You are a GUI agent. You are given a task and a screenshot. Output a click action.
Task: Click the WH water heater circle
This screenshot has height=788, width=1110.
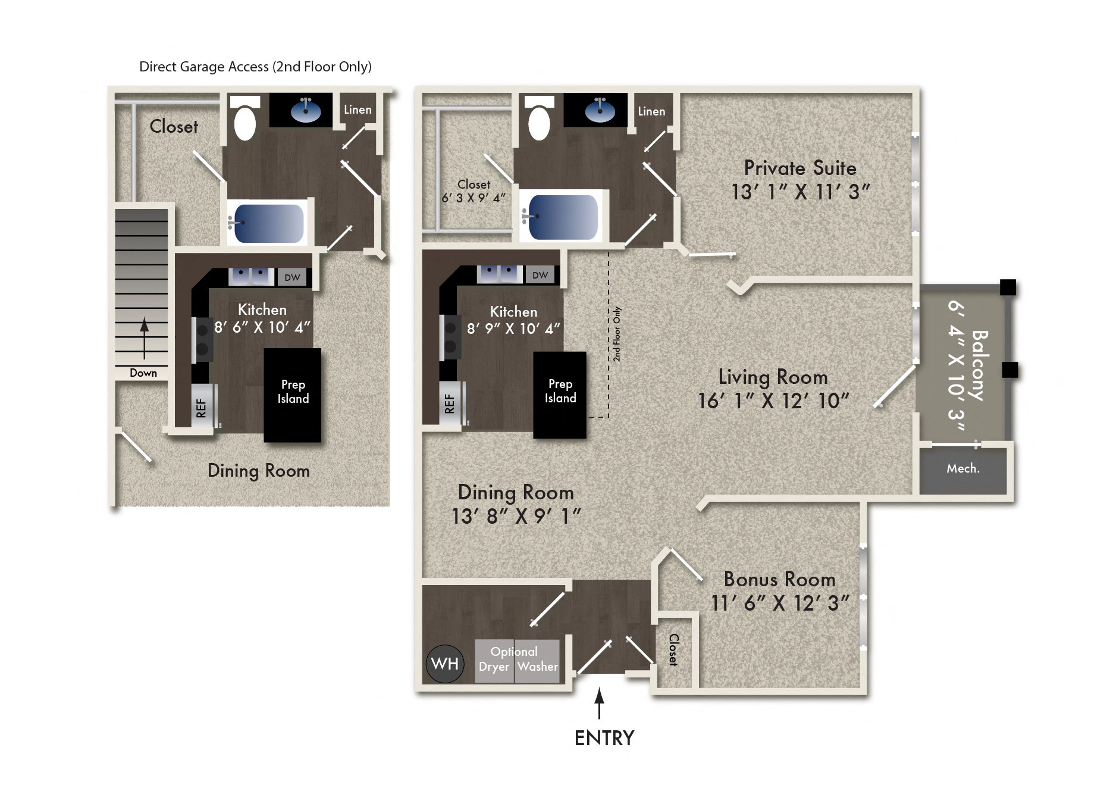(x=444, y=664)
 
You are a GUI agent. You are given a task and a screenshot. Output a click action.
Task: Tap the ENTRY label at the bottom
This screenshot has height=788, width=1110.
(x=604, y=738)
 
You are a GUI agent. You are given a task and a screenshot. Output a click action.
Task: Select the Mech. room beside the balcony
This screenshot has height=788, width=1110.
(x=963, y=469)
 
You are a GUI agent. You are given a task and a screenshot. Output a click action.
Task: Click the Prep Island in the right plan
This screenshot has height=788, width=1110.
(x=560, y=395)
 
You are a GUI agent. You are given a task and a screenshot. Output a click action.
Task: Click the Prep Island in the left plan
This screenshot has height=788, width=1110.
(x=293, y=395)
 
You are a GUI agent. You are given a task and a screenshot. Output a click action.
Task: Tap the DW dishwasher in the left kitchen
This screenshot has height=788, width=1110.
(x=292, y=277)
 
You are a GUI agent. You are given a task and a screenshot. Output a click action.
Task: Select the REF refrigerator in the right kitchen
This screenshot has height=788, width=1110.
(x=450, y=405)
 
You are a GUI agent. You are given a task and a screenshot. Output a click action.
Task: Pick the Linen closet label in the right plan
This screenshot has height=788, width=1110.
(x=651, y=111)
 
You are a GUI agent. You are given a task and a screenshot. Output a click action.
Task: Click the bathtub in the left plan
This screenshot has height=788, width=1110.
(x=269, y=223)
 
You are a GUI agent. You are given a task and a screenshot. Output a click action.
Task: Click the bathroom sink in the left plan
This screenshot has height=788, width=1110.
(x=306, y=110)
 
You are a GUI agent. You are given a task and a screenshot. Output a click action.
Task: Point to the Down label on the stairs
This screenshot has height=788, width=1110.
(x=143, y=373)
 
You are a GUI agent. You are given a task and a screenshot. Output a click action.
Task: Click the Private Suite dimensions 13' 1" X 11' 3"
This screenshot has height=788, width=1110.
(x=800, y=192)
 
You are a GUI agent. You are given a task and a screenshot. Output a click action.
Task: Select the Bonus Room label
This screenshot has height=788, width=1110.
(x=779, y=579)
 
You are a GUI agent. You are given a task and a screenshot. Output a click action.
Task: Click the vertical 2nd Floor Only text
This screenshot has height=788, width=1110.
(x=617, y=334)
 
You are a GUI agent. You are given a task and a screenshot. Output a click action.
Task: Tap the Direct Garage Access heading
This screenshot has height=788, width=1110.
(x=255, y=67)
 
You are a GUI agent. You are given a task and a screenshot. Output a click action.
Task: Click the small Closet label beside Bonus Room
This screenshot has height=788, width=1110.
(x=673, y=649)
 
